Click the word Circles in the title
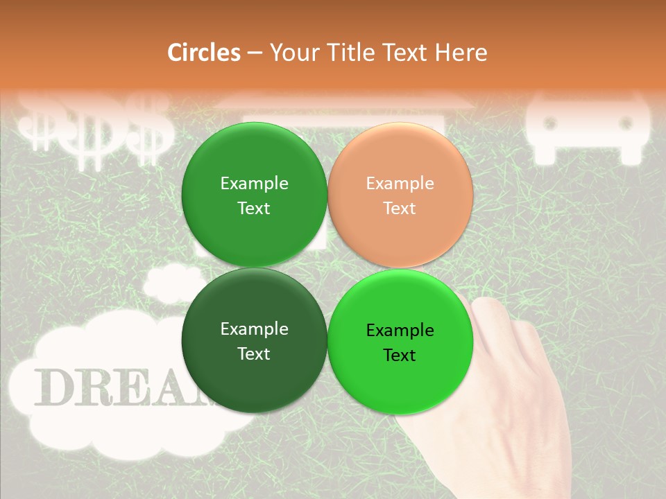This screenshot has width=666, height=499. (204, 53)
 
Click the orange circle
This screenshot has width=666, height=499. (400, 195)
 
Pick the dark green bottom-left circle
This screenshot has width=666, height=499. (254, 341)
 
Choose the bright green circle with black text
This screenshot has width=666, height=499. (400, 342)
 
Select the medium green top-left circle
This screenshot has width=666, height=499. (254, 195)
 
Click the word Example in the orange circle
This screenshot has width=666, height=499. (400, 184)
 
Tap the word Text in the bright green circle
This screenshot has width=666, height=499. (400, 356)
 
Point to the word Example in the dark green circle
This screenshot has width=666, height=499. (254, 329)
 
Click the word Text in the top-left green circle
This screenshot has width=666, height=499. (254, 209)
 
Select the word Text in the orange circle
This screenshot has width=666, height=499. (400, 209)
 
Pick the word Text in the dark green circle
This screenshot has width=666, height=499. (254, 354)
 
